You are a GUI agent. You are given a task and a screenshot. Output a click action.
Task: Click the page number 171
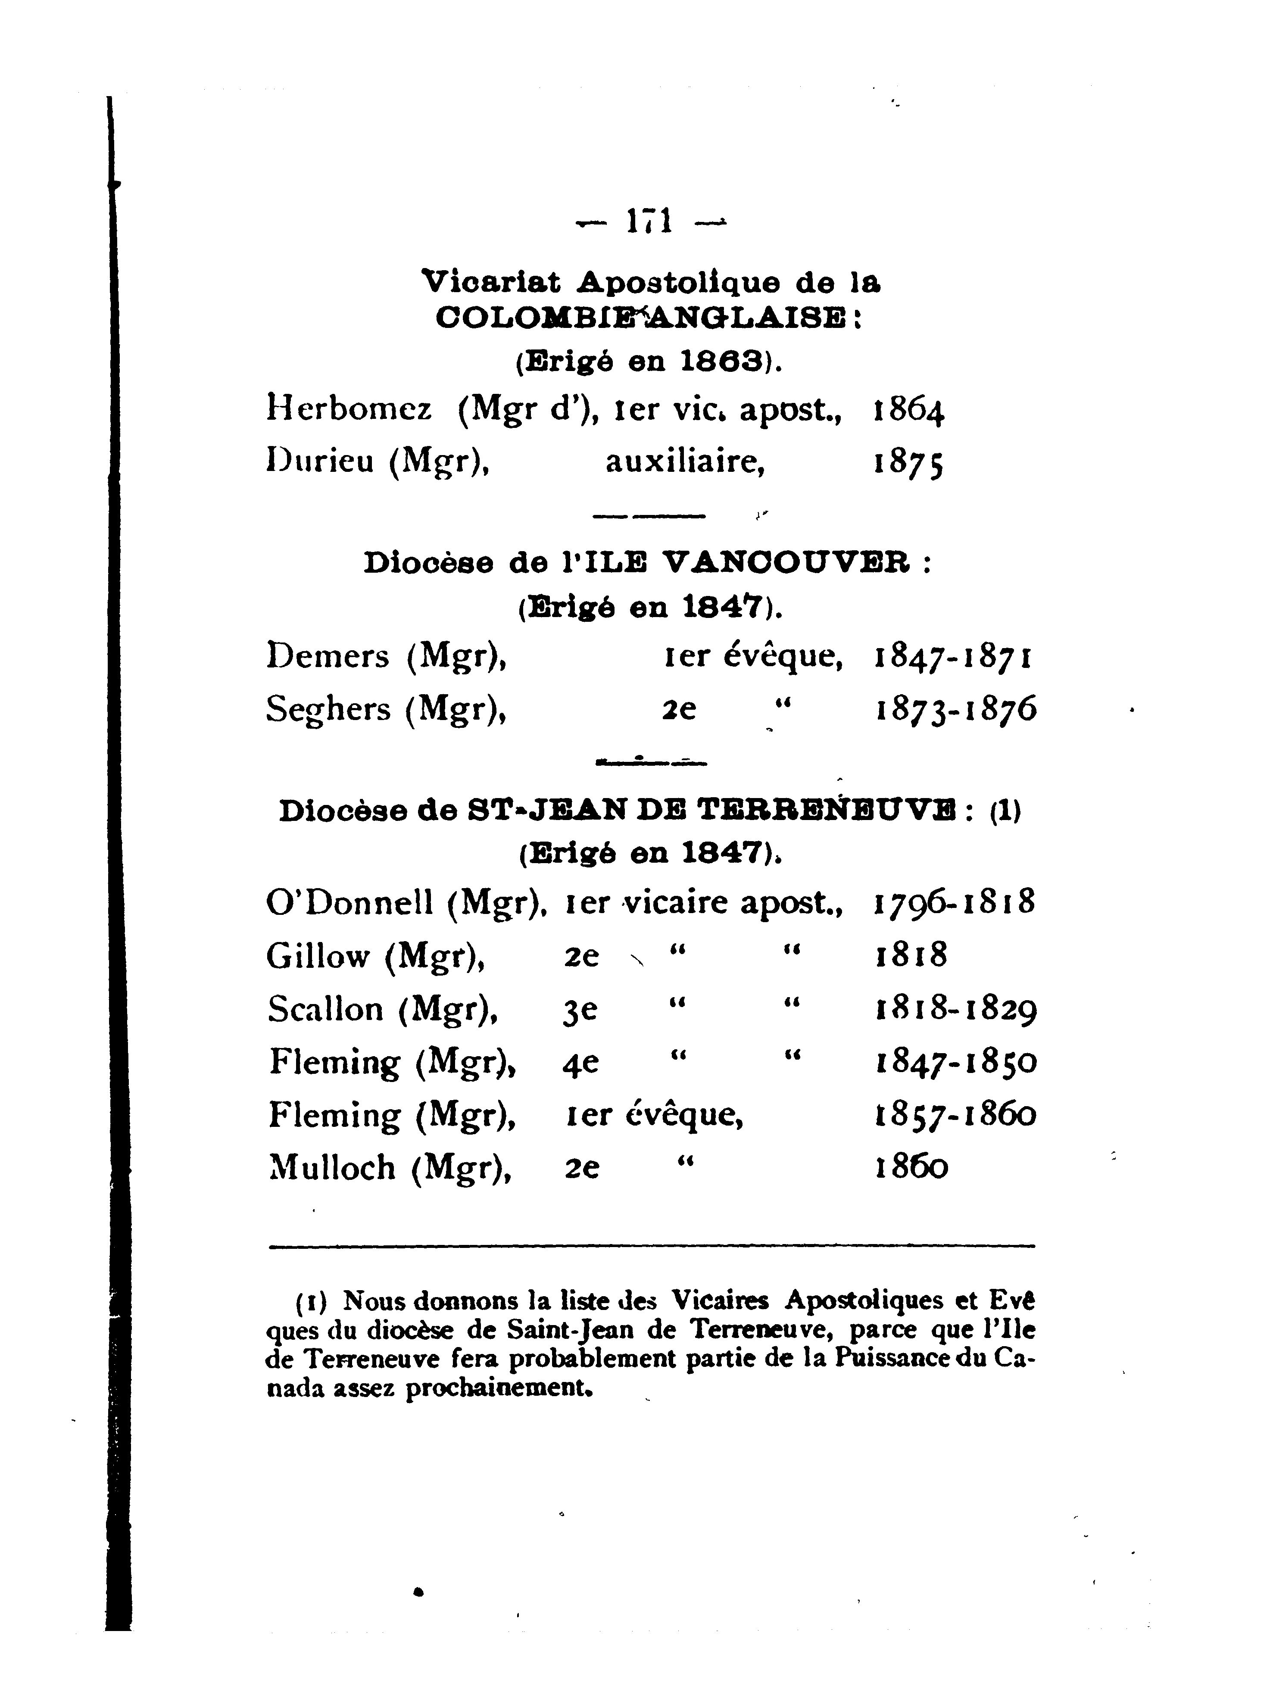649,222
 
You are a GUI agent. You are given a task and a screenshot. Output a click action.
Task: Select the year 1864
908,411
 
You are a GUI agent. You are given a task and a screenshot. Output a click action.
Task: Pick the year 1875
908,463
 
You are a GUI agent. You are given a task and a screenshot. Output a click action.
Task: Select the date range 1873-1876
955,709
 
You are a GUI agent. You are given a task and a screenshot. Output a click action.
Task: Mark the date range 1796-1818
954,901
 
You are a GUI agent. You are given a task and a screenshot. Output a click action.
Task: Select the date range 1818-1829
955,1009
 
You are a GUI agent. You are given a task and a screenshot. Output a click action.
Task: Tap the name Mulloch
331,1167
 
